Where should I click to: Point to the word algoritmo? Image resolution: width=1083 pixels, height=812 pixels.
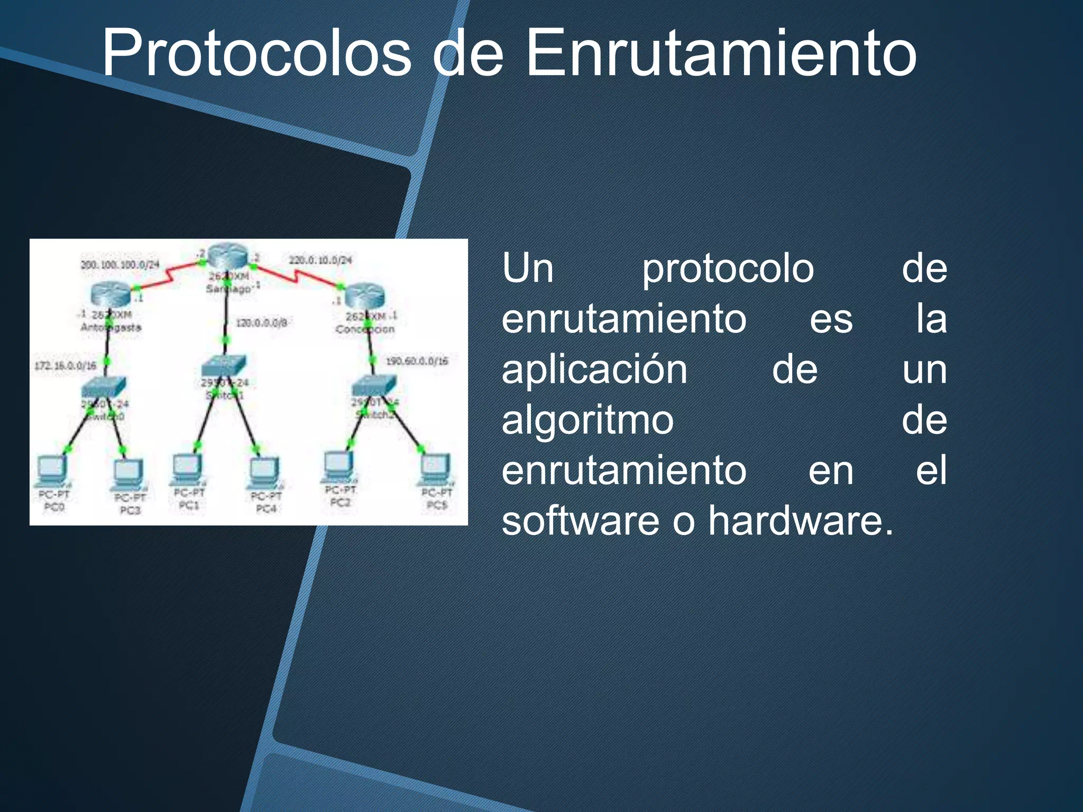[587, 420]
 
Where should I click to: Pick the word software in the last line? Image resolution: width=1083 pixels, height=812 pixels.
[580, 521]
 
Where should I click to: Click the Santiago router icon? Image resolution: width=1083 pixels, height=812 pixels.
[227, 257]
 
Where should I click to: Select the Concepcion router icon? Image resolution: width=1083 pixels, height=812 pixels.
[364, 296]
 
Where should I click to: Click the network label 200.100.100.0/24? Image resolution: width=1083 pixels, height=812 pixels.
[120, 264]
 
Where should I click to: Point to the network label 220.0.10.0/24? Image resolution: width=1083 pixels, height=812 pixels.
[320, 260]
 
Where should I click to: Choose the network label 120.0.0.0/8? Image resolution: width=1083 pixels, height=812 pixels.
[261, 322]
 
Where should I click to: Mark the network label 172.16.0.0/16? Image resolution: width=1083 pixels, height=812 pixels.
[65, 365]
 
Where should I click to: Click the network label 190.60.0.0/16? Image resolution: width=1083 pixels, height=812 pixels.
[417, 361]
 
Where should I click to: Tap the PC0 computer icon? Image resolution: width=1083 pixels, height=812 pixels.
[52, 471]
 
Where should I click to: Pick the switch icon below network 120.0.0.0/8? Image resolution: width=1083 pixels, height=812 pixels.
[224, 365]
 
